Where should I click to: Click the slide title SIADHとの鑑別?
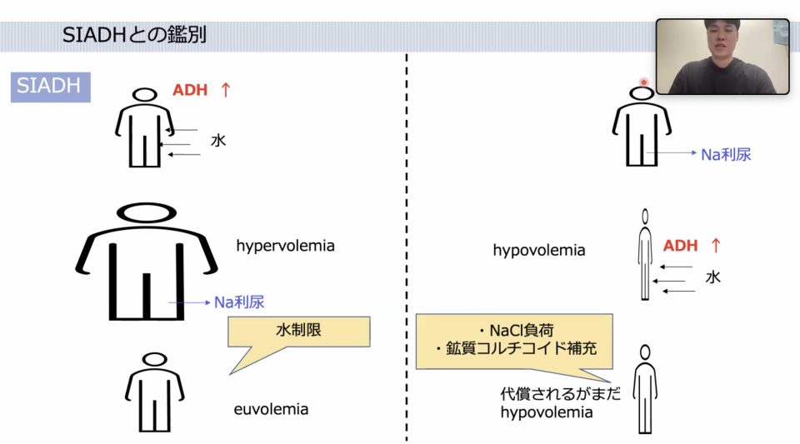pos(134,35)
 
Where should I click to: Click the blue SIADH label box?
pos(51,87)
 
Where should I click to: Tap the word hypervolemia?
pos(285,246)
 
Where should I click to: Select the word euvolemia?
pos(271,409)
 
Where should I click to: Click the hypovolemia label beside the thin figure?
pos(539,250)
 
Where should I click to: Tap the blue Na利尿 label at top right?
pos(726,154)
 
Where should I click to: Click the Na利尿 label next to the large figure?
pos(239,302)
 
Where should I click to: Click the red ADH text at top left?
pos(190,90)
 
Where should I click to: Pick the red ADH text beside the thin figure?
pos(680,246)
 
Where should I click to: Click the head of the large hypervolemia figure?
pos(147,213)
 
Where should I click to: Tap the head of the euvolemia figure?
pos(155,359)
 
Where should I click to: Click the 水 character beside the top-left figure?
pos(217,140)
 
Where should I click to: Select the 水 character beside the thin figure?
pos(712,277)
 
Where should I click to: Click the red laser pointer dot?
pos(644,82)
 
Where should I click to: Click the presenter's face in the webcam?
pos(721,42)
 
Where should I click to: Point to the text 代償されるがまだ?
pos(560,393)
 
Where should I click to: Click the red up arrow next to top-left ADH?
pos(226,90)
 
